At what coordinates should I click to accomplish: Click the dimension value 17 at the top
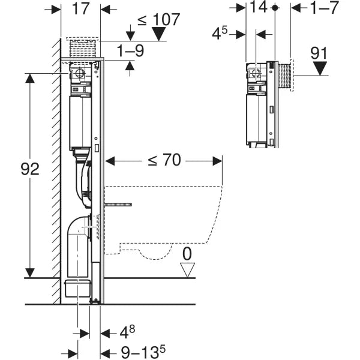[81, 10]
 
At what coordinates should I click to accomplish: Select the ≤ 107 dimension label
[158, 19]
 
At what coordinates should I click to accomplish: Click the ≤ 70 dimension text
[163, 160]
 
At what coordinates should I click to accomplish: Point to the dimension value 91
[319, 53]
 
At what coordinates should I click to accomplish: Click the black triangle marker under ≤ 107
[158, 35]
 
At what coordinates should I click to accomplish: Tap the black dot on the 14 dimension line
[274, 8]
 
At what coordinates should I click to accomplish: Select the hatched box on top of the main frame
[83, 48]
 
